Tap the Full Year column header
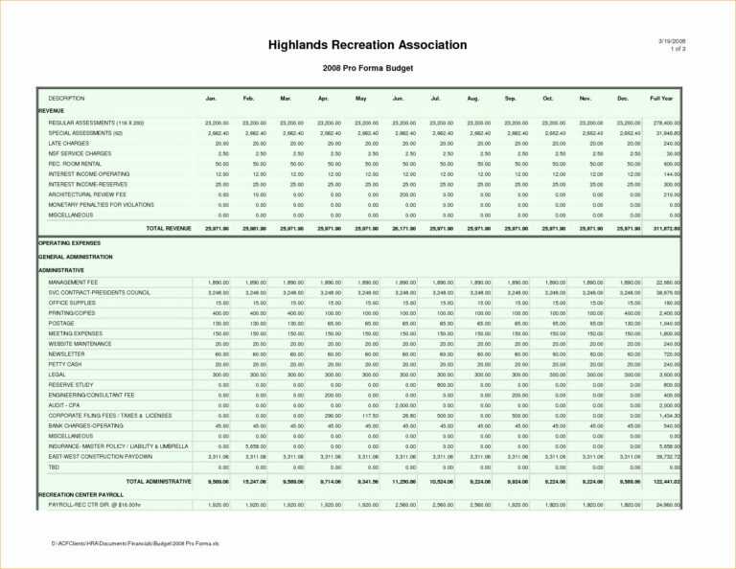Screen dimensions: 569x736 pyautogui.click(x=661, y=99)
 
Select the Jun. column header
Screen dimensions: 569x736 pyautogui.click(x=398, y=99)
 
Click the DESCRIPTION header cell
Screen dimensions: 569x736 pyautogui.click(x=67, y=99)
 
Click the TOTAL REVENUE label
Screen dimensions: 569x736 pyautogui.click(x=169, y=229)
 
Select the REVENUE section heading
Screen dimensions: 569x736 pyautogui.click(x=52, y=111)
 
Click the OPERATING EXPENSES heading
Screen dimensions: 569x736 pyautogui.click(x=69, y=243)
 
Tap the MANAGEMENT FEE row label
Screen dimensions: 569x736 pyautogui.click(x=73, y=283)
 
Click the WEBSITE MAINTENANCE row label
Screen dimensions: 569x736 pyautogui.click(x=80, y=344)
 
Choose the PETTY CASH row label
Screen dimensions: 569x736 pyautogui.click(x=66, y=364)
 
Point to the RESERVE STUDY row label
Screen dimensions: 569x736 pyautogui.click(x=71, y=385)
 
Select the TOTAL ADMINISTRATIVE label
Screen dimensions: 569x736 pyautogui.click(x=158, y=482)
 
